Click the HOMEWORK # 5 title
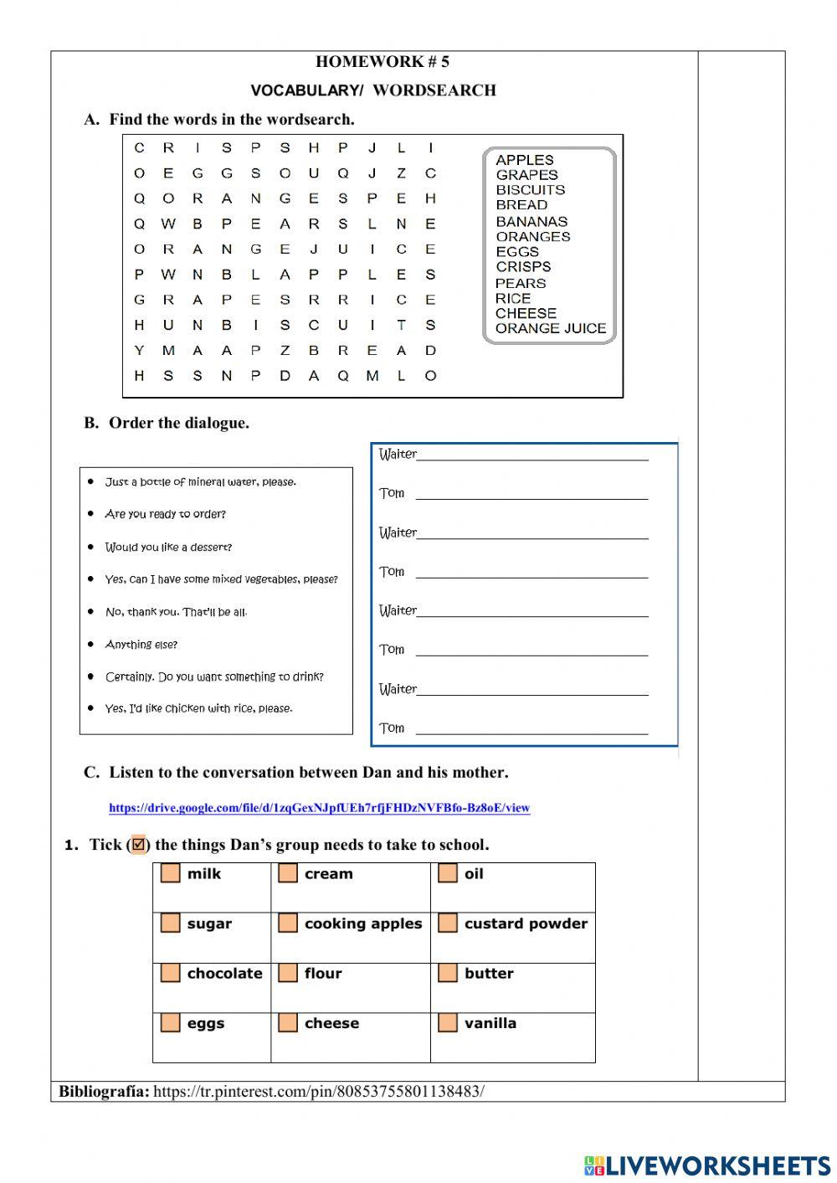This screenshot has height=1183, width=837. (x=382, y=61)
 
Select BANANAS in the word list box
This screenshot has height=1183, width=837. (x=531, y=222)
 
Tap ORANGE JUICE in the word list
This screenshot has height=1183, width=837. (x=550, y=328)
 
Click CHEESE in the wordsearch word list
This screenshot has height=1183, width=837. (x=526, y=313)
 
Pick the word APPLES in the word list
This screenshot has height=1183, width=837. (x=524, y=160)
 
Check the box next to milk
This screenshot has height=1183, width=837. (x=171, y=873)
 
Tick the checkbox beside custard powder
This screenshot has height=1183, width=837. (x=448, y=923)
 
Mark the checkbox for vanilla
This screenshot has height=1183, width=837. (x=448, y=1022)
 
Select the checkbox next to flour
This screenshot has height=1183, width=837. (x=288, y=973)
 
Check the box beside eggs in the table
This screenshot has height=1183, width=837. (x=171, y=1022)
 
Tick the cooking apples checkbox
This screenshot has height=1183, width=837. (x=288, y=923)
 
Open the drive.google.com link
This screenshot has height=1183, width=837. (x=319, y=808)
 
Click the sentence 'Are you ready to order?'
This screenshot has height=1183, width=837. (x=165, y=514)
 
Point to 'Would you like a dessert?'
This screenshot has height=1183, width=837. (x=168, y=547)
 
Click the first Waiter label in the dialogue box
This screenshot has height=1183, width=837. (x=398, y=455)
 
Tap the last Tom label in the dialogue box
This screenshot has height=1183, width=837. (x=392, y=728)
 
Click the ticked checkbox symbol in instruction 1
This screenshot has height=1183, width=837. (x=139, y=844)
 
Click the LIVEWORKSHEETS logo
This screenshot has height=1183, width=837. (x=707, y=1165)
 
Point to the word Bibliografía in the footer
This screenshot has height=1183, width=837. (x=104, y=1091)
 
